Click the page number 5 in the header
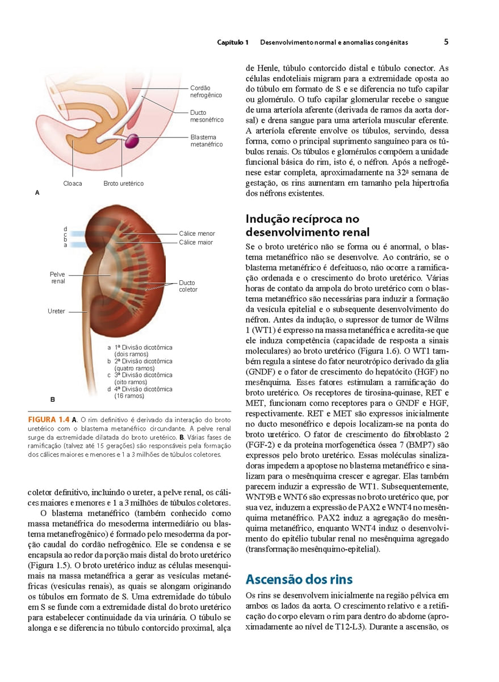(x=446, y=42)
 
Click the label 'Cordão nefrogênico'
(x=206, y=92)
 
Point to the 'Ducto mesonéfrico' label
(x=207, y=116)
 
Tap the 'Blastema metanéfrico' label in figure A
(x=207, y=140)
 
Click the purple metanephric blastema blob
(x=134, y=140)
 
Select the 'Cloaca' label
(x=73, y=184)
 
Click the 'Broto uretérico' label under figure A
(x=124, y=184)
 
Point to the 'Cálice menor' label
(x=197, y=234)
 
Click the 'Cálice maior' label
(x=196, y=242)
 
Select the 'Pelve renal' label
(x=58, y=277)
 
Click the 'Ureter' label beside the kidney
(x=56, y=311)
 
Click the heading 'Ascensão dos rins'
(x=299, y=580)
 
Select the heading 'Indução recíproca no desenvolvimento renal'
(x=307, y=225)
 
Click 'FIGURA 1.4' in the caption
(x=49, y=419)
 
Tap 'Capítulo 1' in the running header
(x=233, y=43)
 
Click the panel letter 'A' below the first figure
(x=37, y=193)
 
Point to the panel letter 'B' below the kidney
(x=37, y=400)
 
